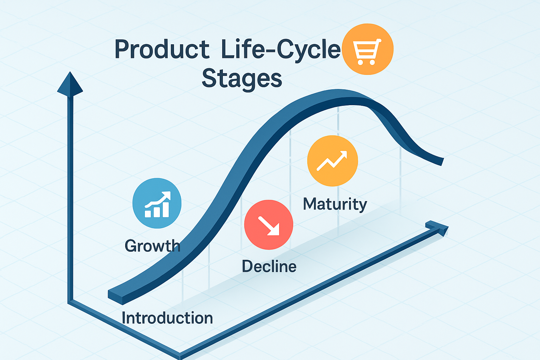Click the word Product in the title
162,50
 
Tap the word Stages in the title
242,79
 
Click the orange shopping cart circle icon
368,49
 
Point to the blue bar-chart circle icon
157,203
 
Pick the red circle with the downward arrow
269,225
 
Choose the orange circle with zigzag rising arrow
333,161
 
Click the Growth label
152,246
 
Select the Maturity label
335,205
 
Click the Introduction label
167,318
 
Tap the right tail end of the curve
442,162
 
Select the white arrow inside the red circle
269,226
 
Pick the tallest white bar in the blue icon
166,210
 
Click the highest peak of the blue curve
342,94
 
